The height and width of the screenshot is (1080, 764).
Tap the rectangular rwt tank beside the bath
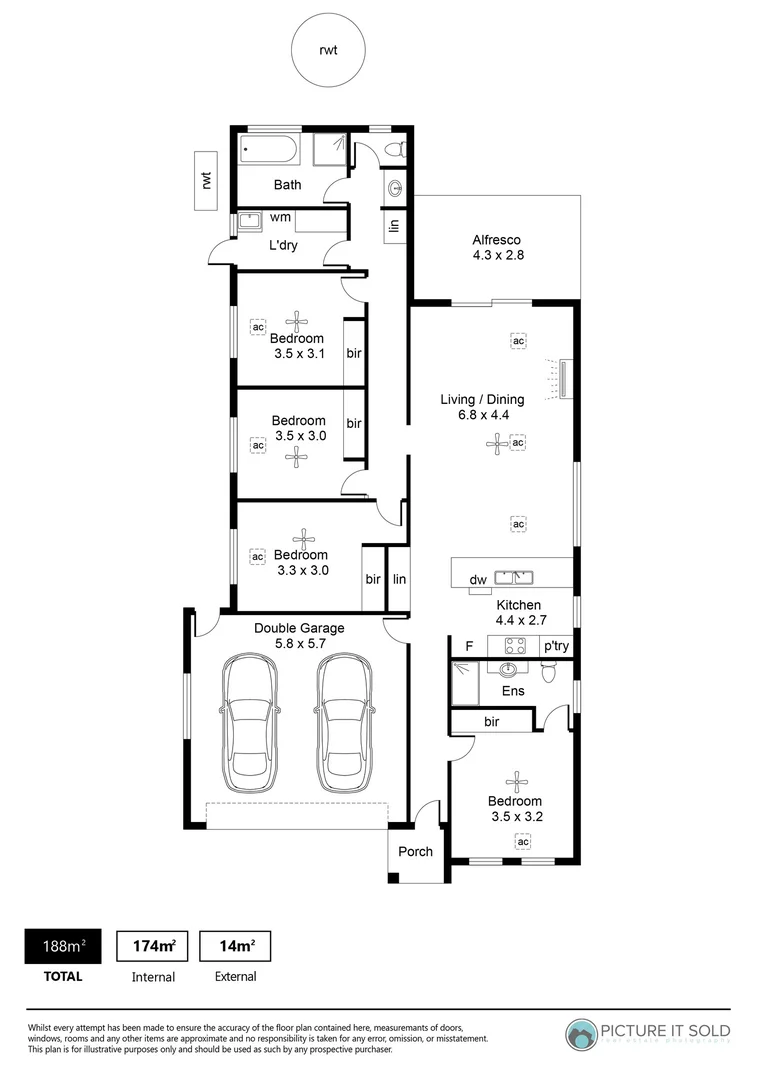coord(207,181)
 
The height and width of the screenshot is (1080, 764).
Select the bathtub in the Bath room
coord(268,153)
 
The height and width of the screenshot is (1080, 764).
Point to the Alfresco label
coord(497,240)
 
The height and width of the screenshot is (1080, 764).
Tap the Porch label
coord(416,852)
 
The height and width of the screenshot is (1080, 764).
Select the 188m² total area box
coord(62,945)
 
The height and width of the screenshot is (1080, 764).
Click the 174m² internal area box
coord(154,945)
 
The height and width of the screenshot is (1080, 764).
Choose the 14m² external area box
coord(235,945)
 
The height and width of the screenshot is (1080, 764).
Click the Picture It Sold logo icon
coord(582,1034)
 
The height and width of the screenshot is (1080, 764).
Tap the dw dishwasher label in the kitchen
coord(478,579)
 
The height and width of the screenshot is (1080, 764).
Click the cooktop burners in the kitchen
coord(514,646)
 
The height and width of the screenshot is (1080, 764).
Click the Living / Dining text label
coord(482,400)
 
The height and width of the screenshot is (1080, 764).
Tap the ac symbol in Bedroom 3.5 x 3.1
coord(257,327)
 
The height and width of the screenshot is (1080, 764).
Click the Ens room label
coord(513,691)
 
